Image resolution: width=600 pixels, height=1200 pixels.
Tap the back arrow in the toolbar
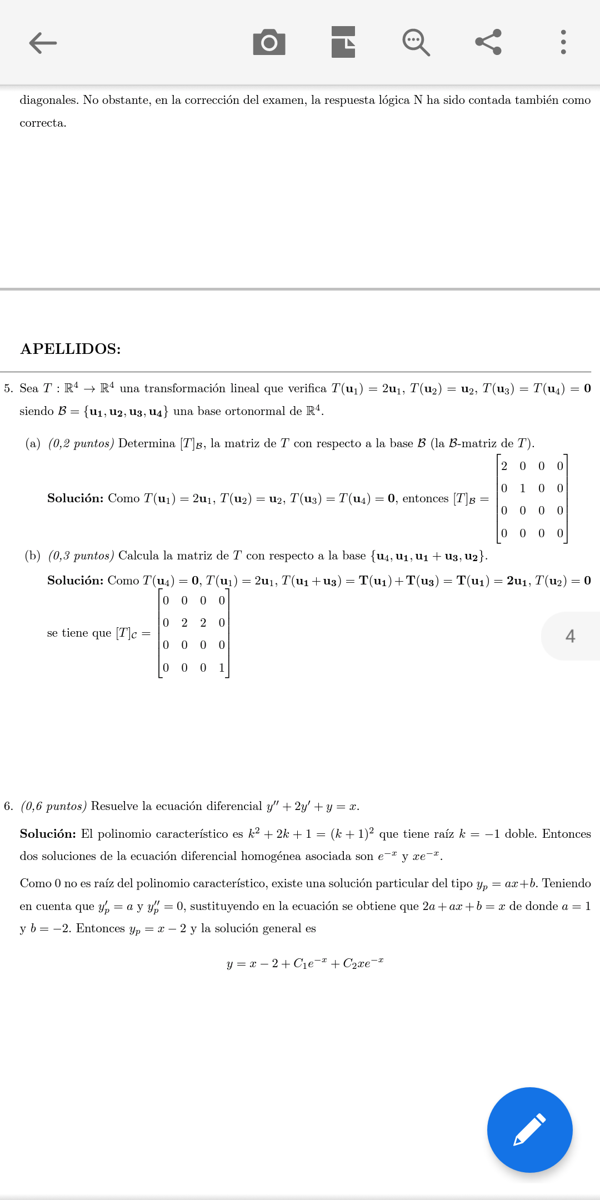(43, 43)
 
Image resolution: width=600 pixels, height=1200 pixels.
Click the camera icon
(269, 42)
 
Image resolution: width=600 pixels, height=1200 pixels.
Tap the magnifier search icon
(416, 42)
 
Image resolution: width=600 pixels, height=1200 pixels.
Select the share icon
(488, 42)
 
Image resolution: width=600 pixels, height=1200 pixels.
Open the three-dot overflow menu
(563, 42)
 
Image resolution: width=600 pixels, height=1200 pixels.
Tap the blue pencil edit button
(529, 1129)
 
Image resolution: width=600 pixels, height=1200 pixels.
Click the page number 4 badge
(570, 636)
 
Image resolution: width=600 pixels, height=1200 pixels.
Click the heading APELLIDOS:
(71, 349)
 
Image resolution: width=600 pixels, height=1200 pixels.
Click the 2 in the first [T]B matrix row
(504, 466)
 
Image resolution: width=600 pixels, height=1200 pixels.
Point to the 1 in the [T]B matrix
(522, 488)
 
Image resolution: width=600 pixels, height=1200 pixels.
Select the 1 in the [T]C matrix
(222, 668)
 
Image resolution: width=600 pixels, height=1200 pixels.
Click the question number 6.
(8, 806)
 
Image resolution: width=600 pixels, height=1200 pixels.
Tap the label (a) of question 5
(33, 443)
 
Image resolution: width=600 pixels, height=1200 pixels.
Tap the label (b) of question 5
(33, 556)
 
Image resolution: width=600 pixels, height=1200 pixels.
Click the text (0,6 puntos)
(54, 806)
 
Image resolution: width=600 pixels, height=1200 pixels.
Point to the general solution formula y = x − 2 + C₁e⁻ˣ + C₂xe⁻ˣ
(305, 963)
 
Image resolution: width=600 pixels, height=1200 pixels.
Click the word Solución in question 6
(48, 834)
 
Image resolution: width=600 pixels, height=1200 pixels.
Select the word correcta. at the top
(43, 123)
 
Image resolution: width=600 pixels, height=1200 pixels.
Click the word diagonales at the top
(48, 100)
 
